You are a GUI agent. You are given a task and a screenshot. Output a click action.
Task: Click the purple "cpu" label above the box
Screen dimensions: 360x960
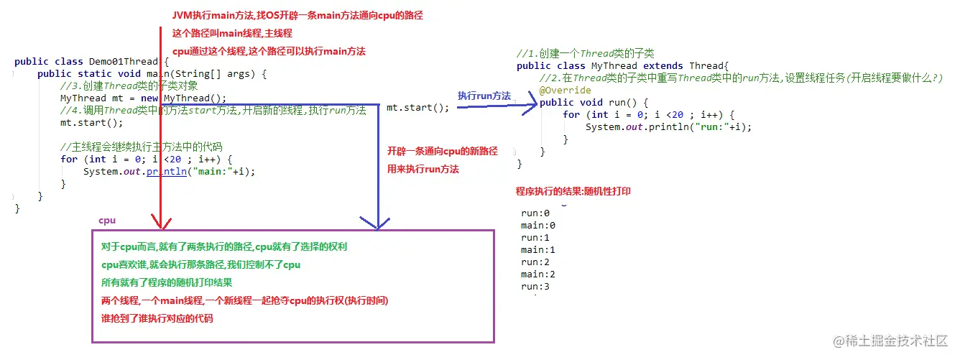click(107, 221)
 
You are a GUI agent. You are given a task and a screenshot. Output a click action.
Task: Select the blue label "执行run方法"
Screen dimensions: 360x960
click(484, 96)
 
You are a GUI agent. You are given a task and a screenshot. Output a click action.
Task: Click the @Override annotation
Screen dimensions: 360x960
click(565, 91)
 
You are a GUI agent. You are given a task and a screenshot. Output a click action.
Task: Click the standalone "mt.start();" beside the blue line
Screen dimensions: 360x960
click(417, 108)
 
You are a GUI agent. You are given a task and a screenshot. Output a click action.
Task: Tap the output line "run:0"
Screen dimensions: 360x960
click(535, 213)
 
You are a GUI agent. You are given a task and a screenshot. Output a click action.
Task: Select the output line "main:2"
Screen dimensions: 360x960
click(538, 274)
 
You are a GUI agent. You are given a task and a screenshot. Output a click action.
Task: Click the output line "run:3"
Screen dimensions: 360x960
click(535, 287)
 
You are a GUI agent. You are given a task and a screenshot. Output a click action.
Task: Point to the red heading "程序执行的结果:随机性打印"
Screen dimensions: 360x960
click(573, 192)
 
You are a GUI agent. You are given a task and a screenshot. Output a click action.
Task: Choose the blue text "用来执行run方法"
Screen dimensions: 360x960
click(423, 170)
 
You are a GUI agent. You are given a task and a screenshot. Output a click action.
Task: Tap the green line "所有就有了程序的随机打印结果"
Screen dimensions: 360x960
click(167, 282)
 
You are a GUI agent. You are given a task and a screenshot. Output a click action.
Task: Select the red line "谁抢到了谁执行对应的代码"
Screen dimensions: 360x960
click(157, 318)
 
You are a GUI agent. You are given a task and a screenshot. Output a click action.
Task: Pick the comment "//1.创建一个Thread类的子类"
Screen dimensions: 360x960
click(585, 54)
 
